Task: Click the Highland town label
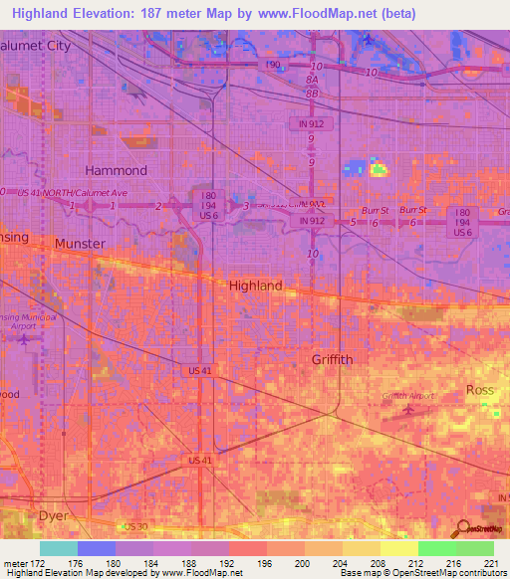tap(256, 286)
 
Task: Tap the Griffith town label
tap(332, 359)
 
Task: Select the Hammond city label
tap(116, 170)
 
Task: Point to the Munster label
tap(80, 244)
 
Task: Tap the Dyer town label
tap(54, 516)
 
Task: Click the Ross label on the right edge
tap(480, 390)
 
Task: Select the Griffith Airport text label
tap(408, 396)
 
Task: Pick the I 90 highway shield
tap(274, 65)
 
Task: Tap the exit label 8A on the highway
tap(312, 79)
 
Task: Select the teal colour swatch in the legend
tap(59, 548)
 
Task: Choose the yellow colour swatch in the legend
tap(398, 548)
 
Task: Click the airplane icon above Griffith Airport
tap(407, 408)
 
